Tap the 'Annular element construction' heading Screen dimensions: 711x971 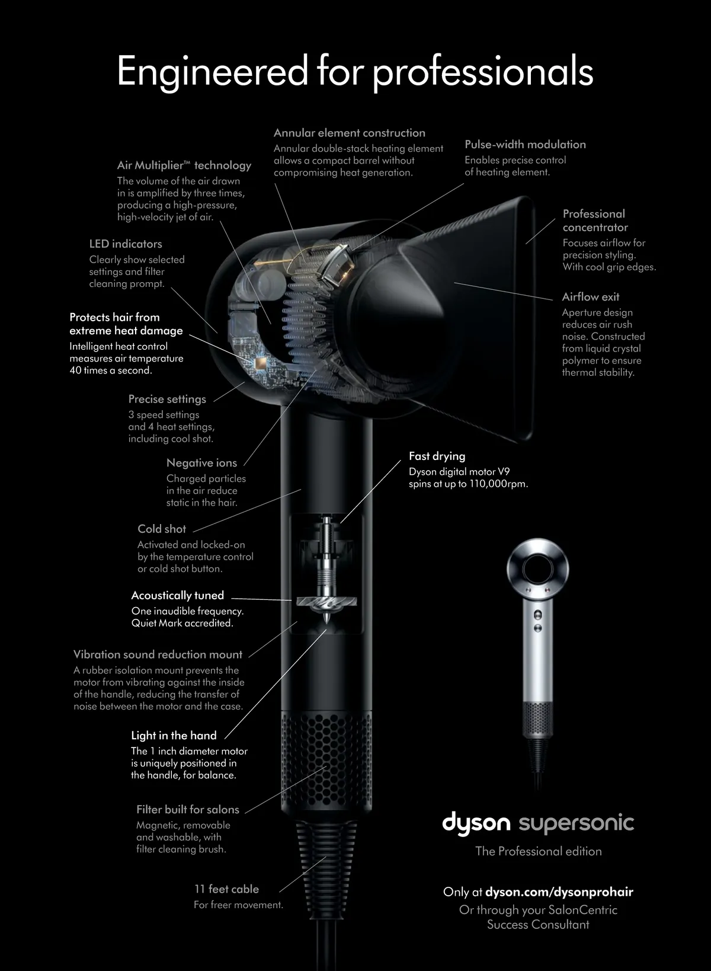click(x=349, y=133)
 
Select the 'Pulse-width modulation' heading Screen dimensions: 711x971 click(x=525, y=145)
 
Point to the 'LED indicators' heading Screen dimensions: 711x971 click(x=126, y=244)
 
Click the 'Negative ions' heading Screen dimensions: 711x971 click(x=201, y=463)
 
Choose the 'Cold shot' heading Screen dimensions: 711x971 click(x=162, y=529)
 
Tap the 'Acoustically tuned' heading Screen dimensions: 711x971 click(x=178, y=595)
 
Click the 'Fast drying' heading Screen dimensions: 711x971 click(x=437, y=456)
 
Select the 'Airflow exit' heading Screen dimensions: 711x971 click(x=591, y=297)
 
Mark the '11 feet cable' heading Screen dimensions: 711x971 click(x=226, y=889)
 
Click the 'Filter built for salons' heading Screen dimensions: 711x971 click(x=188, y=809)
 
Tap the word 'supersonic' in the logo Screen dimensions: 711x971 click(x=577, y=823)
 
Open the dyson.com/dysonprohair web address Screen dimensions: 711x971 click(x=559, y=892)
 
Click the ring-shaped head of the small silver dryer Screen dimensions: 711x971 click(x=537, y=550)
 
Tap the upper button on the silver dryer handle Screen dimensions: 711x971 click(x=537, y=614)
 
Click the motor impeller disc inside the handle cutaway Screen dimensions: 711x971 click(x=326, y=602)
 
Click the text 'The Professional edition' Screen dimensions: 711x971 click(x=538, y=851)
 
